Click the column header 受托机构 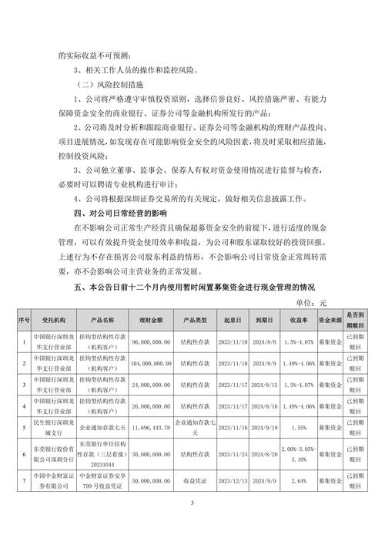click(54, 320)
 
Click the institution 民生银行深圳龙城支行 click(54, 426)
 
